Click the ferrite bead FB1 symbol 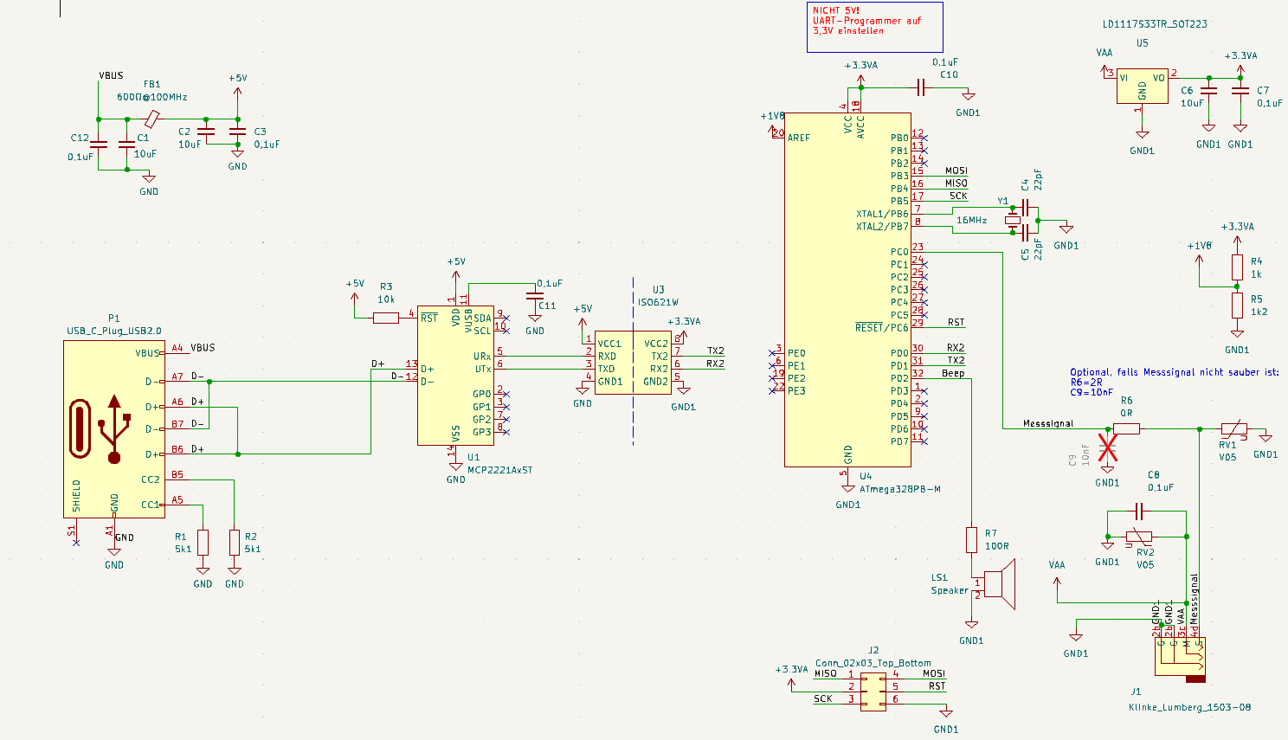pos(151,119)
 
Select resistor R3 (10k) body pos(386,319)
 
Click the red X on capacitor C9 pos(1108,447)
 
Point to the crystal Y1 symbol pos(1013,220)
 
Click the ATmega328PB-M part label pos(899,489)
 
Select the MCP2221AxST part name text pos(499,470)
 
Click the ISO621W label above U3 pos(658,303)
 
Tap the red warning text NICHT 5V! pos(835,10)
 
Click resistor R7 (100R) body pos(972,540)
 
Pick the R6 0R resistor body pos(1126,428)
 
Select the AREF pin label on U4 pos(799,138)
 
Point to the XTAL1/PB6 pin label pos(882,214)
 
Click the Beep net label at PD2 pos(953,374)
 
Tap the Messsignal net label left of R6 pos(1047,423)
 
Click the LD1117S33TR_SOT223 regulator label pos(1155,24)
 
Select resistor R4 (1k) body pos(1237,267)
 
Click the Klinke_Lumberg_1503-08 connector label pos(1189,707)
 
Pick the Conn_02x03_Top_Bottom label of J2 pos(873,663)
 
